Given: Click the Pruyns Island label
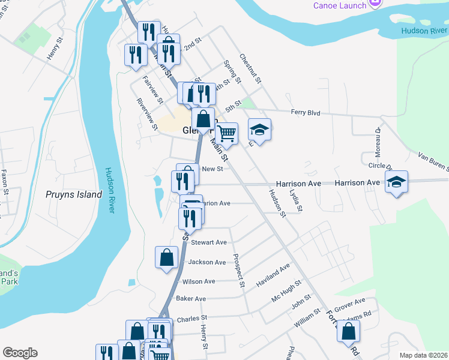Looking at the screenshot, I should click(74, 194).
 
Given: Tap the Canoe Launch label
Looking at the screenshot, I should click(339, 5).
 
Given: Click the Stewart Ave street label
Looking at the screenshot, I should click(208, 242).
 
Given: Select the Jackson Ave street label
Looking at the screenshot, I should click(207, 262).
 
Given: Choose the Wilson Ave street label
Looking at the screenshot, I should click(199, 281).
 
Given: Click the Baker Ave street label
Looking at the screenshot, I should click(191, 299).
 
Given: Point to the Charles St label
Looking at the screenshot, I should click(191, 317).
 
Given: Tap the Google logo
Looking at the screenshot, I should click(19, 353).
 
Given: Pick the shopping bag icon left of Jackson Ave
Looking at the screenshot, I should click(166, 257).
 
